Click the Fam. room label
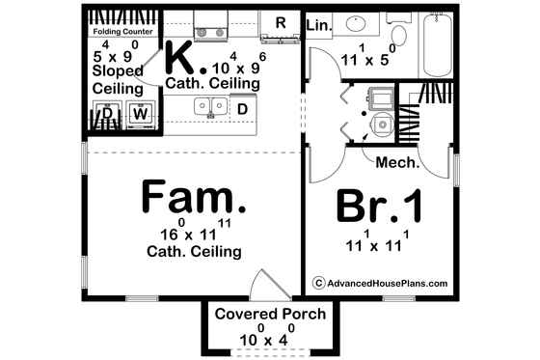click(193, 199)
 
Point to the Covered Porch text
click(270, 315)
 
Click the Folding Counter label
click(122, 30)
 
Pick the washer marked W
click(141, 114)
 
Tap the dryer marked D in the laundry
click(108, 114)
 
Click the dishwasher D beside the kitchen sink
click(242, 108)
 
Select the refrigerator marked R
click(281, 22)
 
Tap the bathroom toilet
click(383, 122)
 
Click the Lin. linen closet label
click(316, 24)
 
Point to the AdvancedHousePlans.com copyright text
click(380, 283)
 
